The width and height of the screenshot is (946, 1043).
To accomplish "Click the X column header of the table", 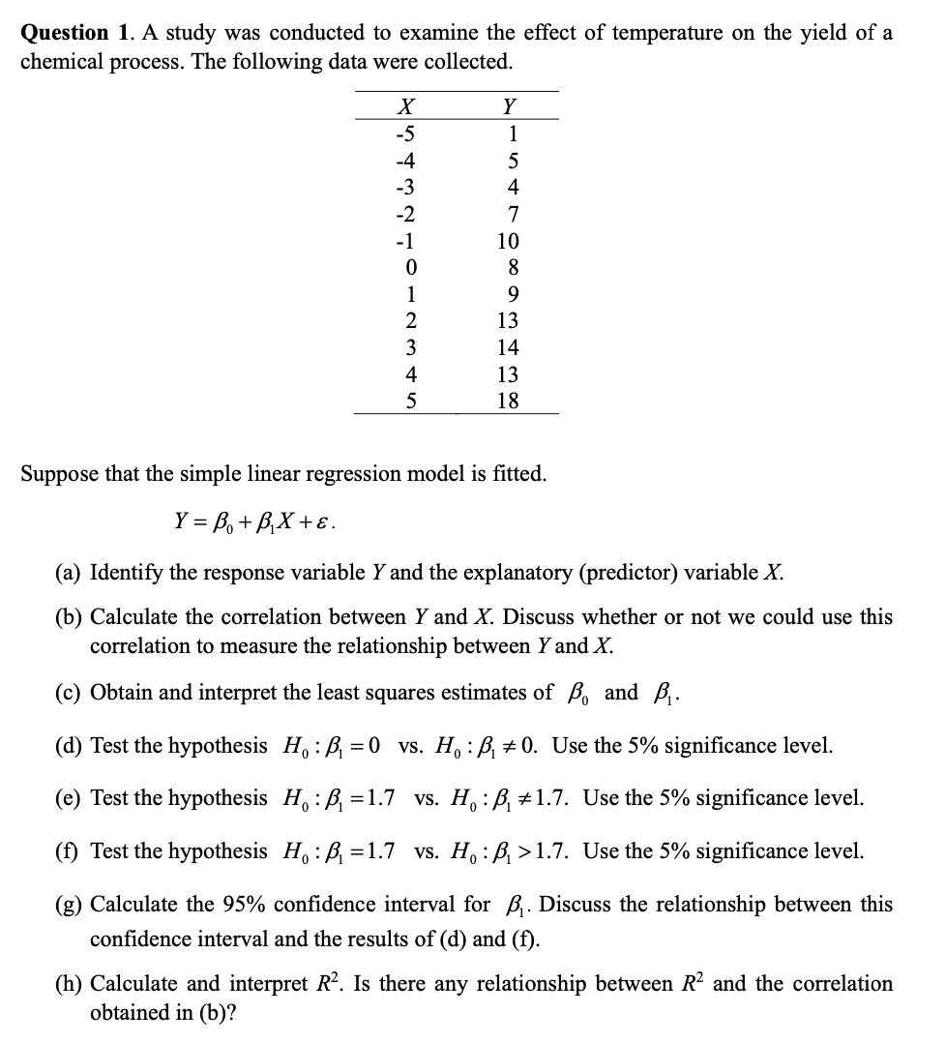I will pyautogui.click(x=407, y=105).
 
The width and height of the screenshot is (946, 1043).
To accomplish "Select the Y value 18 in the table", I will pyautogui.click(x=508, y=401).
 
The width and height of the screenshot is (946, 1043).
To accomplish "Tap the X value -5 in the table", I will pyautogui.click(x=407, y=134).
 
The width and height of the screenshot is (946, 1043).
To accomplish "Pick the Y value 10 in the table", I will pyautogui.click(x=508, y=241).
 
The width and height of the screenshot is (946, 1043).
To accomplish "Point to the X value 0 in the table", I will pyautogui.click(x=411, y=267).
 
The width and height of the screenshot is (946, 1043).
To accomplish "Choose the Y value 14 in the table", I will pyautogui.click(x=508, y=347).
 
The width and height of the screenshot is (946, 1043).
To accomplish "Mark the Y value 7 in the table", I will pyautogui.click(x=513, y=214).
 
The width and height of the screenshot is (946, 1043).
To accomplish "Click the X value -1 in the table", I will pyautogui.click(x=407, y=241).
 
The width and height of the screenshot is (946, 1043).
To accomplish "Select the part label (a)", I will pyautogui.click(x=67, y=572).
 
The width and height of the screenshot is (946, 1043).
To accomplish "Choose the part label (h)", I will pyautogui.click(x=67, y=984).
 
